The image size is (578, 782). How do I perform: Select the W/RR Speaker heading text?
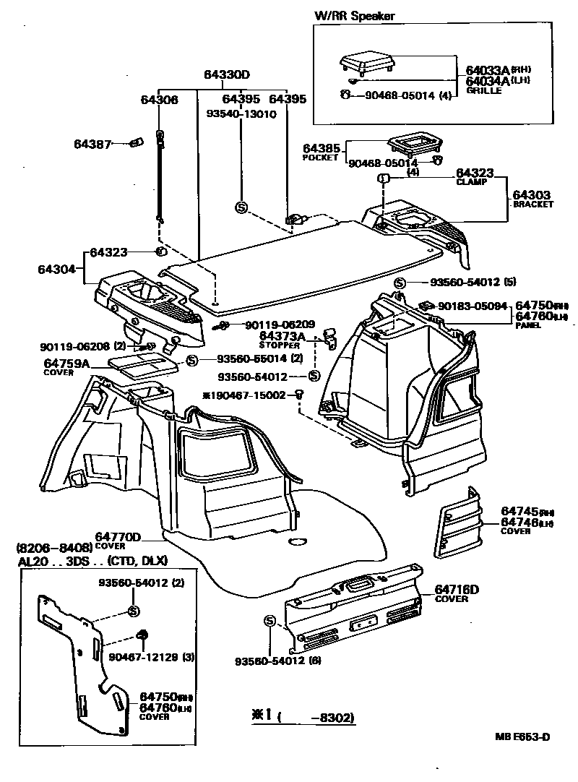(354, 15)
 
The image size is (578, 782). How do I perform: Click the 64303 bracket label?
(531, 195)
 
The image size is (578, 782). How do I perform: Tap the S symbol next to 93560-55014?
(192, 360)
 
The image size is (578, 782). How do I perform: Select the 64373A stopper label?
(282, 337)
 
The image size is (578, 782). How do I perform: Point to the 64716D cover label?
(457, 590)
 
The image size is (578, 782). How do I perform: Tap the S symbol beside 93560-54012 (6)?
(270, 621)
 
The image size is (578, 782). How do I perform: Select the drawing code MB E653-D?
(522, 737)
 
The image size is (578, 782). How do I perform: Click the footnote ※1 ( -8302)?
(303, 716)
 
